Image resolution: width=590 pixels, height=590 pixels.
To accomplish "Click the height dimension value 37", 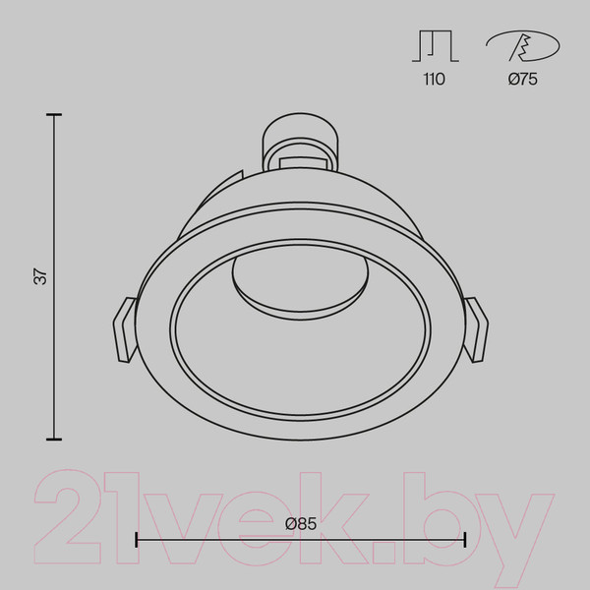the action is point(41,276).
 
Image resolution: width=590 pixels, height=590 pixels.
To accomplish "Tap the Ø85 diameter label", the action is point(301,523).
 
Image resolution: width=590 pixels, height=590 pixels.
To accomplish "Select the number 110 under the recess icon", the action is point(435,79).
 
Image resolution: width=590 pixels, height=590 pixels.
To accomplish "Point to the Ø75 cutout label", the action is point(523,79).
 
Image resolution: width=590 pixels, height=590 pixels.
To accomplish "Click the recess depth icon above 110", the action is point(436,46).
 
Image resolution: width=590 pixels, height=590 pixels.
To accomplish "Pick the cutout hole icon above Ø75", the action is point(523,46).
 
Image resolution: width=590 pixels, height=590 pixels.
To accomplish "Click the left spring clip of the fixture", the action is point(125,330).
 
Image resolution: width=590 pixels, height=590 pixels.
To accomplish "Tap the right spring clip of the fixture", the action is point(476,330).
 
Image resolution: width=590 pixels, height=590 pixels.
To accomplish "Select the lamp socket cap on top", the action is point(300,142).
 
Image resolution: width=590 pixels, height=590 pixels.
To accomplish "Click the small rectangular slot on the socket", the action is point(303,162).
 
